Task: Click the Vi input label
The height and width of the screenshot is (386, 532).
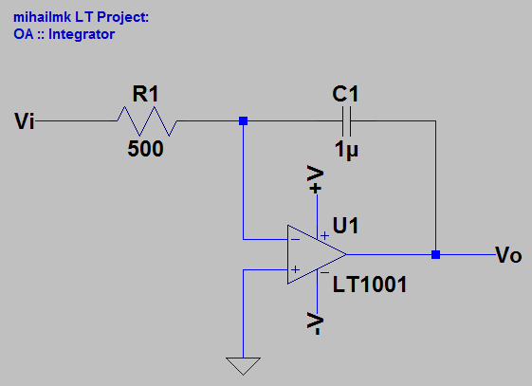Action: pos(25,121)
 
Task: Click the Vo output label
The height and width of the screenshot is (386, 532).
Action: pos(508,255)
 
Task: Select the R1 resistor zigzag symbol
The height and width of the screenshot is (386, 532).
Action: pos(146,121)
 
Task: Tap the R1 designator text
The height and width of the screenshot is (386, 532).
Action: pos(146,94)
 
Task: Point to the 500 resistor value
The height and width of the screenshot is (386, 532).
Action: pos(146,150)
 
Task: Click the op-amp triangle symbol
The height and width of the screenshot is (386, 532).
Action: pos(313,255)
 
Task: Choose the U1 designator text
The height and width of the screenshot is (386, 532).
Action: pos(347,226)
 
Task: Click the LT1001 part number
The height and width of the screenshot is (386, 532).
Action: pos(369,284)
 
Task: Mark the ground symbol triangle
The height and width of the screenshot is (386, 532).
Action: pos(243,366)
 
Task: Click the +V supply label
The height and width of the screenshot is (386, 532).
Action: pos(317,179)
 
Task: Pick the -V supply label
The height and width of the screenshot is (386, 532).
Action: pos(317,323)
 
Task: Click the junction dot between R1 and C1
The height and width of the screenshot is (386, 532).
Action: pos(243,121)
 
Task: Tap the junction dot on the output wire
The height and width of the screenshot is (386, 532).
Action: pos(435,255)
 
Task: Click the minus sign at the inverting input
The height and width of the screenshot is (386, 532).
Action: pos(295,240)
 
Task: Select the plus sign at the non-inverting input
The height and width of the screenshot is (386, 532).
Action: pos(295,270)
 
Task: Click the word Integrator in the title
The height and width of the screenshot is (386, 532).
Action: pos(82,34)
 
